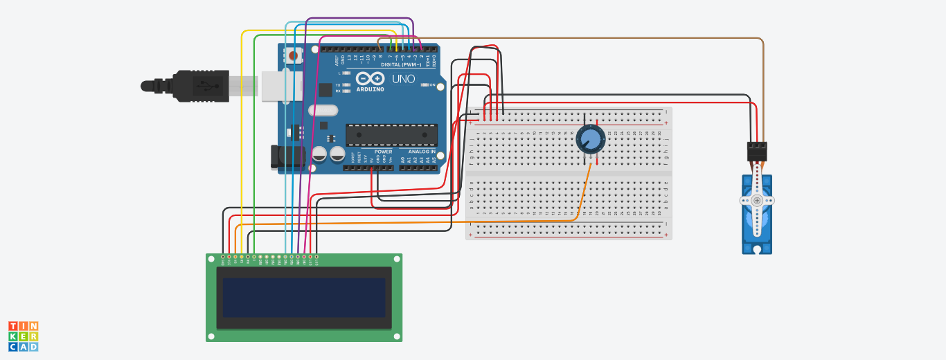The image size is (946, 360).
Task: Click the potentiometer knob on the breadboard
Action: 591,138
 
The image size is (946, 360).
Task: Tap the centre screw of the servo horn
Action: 757,201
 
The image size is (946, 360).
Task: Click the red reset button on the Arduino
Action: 294,55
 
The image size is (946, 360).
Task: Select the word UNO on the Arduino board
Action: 403,79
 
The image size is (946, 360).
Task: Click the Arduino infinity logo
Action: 371,79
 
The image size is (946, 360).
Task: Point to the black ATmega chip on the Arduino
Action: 391,135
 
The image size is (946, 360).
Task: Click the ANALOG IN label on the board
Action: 422,152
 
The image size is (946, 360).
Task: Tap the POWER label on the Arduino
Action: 383,152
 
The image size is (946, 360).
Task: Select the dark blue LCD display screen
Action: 303,298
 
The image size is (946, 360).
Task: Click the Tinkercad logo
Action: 24,336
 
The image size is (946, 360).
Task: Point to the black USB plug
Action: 201,86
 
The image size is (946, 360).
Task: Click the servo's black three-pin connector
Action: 757,151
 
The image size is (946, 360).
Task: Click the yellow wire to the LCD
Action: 241,138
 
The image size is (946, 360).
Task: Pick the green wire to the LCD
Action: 254,138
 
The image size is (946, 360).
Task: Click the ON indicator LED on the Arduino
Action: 424,85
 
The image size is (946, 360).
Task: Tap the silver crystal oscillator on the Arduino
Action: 323,110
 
